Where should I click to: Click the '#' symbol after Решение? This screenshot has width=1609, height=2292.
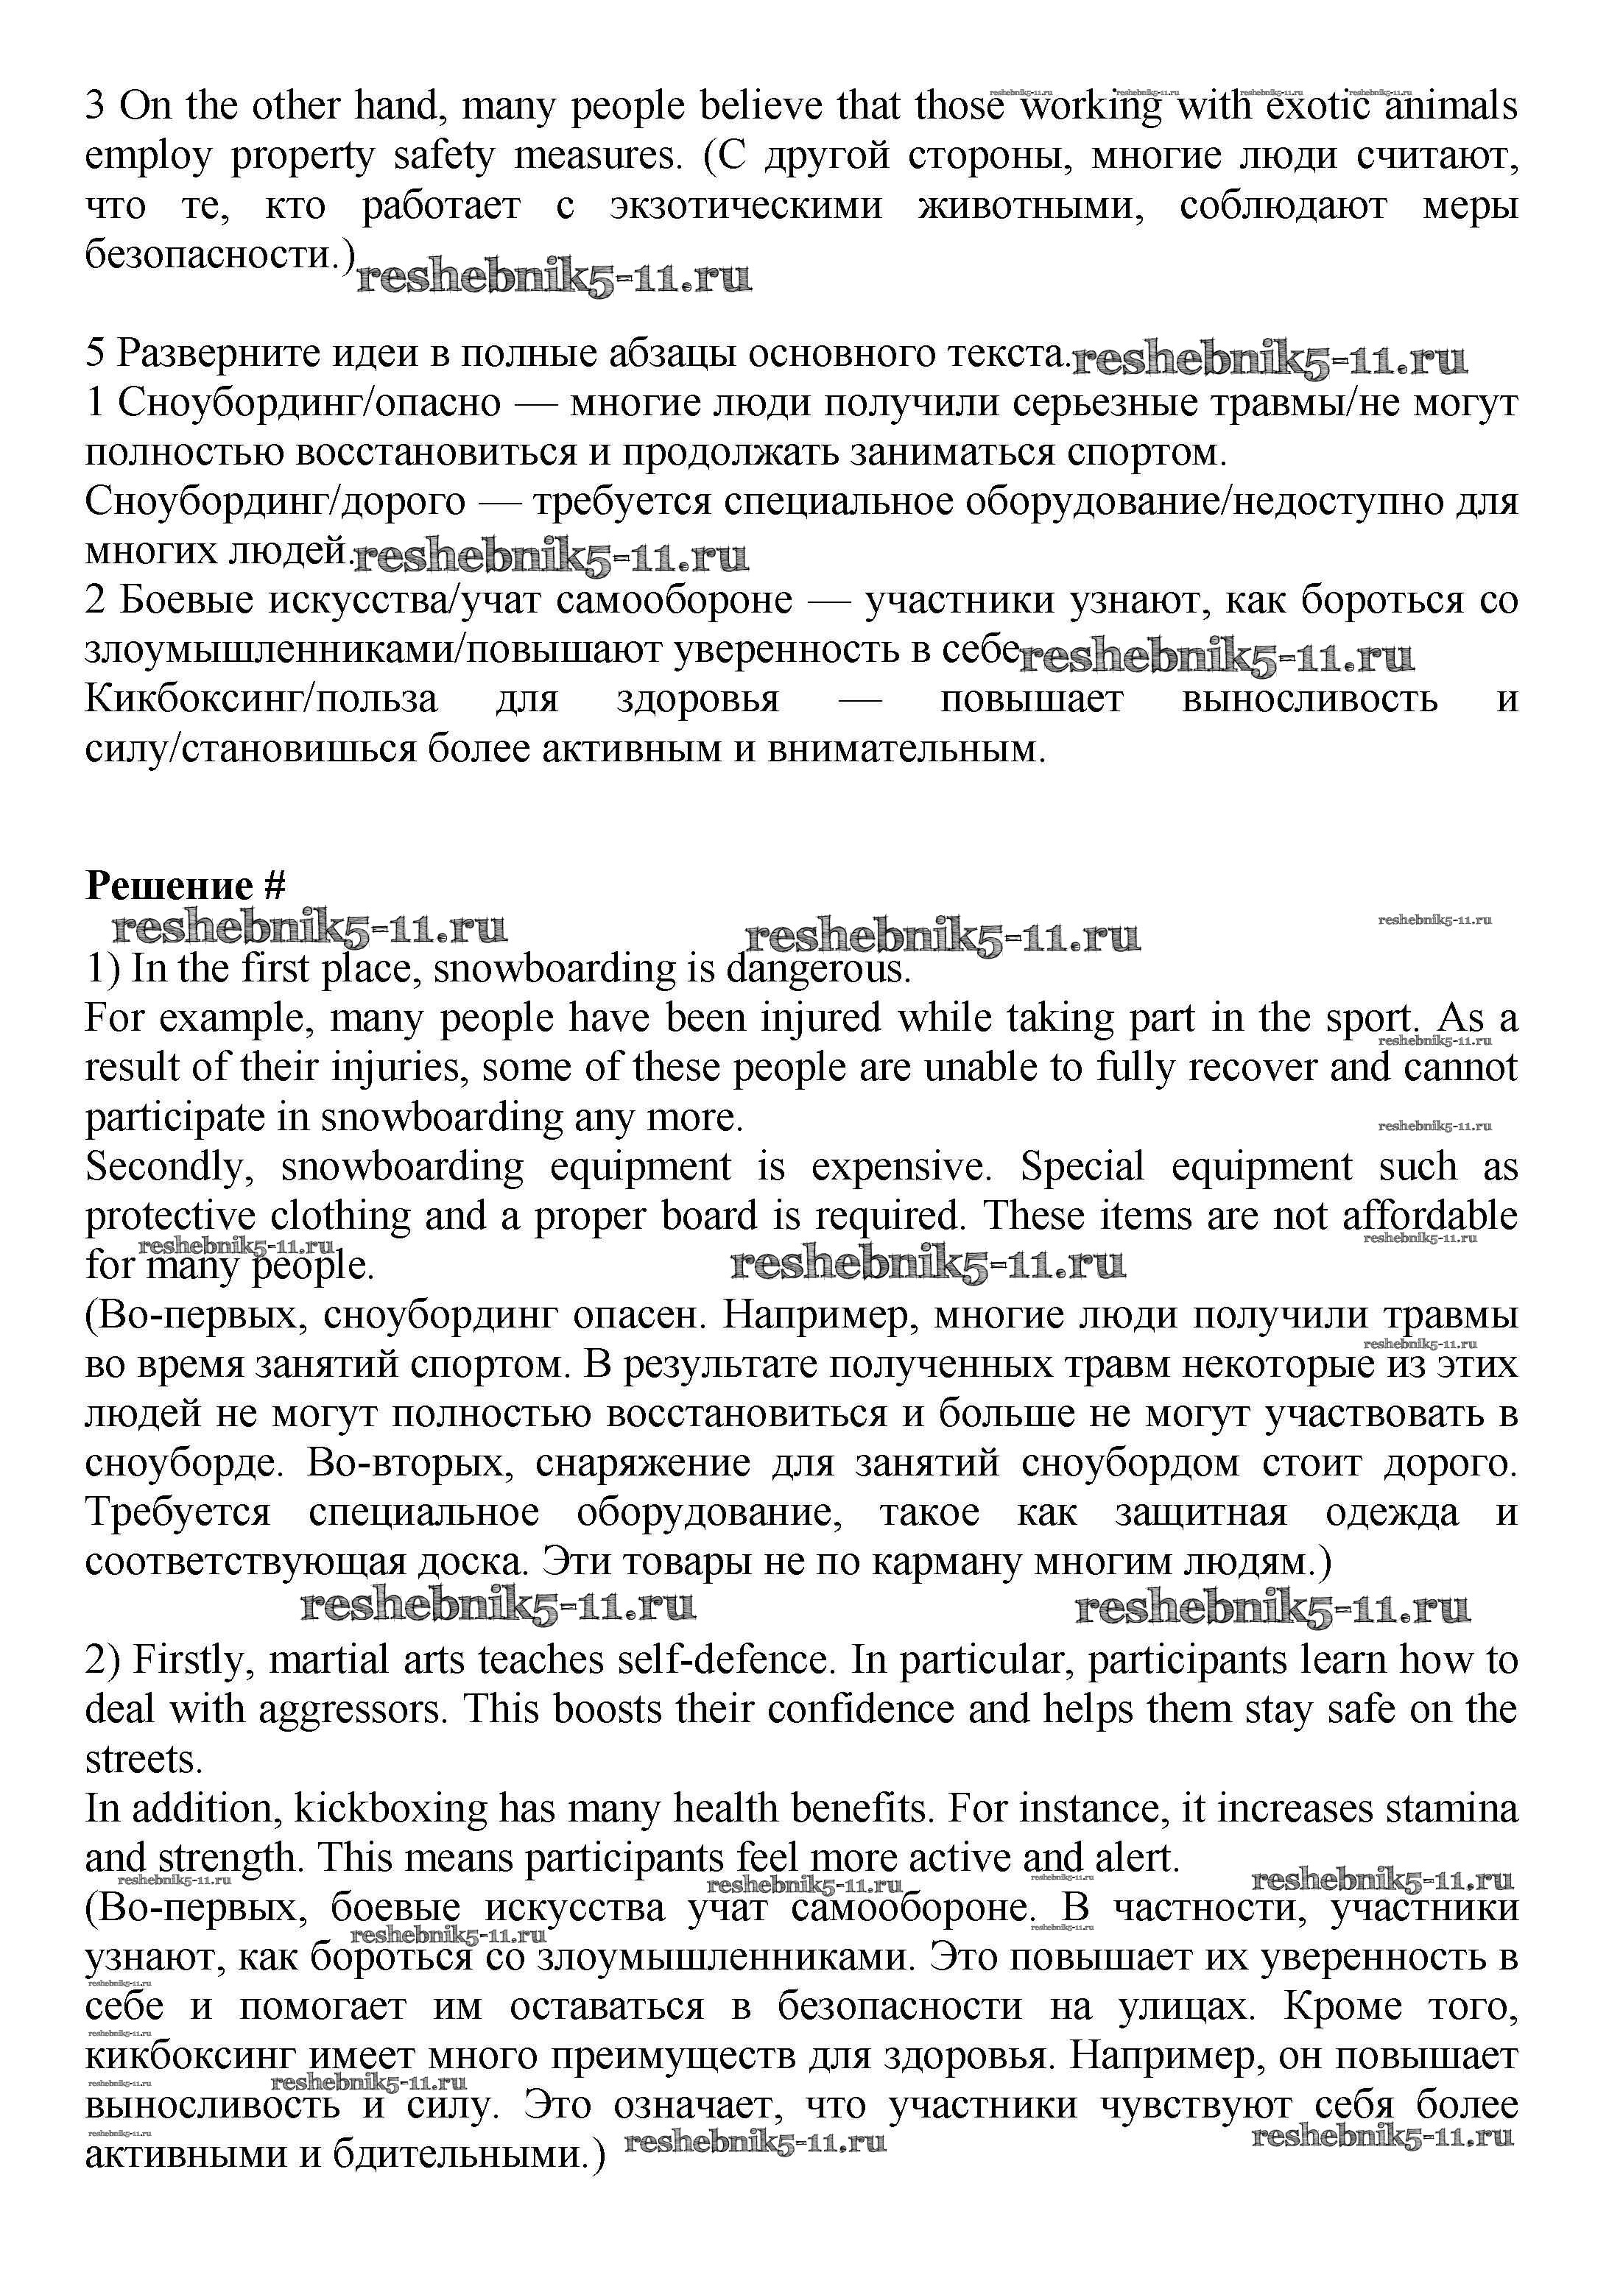tap(275, 886)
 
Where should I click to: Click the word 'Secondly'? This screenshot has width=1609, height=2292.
tap(171, 1166)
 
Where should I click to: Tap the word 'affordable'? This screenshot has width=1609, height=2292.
tap(1429, 1216)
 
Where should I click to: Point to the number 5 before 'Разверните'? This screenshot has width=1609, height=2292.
tap(95, 353)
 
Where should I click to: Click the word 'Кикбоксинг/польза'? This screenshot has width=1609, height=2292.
tap(261, 699)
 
